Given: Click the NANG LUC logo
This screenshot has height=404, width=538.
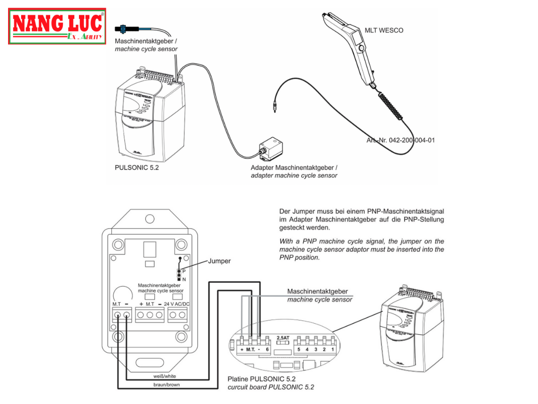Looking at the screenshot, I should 57,26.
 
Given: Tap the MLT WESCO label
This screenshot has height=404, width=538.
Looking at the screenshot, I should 384,31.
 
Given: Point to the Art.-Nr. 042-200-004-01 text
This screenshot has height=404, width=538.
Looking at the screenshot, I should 400,141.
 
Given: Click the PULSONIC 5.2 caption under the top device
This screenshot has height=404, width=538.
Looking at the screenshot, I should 137,168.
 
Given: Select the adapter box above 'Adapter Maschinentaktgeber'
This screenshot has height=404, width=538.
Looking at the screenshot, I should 271,149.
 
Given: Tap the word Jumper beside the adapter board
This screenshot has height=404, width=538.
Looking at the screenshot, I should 219,261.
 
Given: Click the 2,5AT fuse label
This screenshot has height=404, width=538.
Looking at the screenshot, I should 283,338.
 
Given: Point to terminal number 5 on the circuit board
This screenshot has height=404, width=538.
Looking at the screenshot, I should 298,349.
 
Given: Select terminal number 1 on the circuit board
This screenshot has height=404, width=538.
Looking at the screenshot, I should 332,349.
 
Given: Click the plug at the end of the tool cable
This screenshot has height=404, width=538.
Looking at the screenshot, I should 274,108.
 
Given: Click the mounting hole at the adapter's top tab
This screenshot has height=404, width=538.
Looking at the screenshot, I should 149,219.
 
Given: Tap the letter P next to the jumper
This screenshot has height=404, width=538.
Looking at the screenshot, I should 184,272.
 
